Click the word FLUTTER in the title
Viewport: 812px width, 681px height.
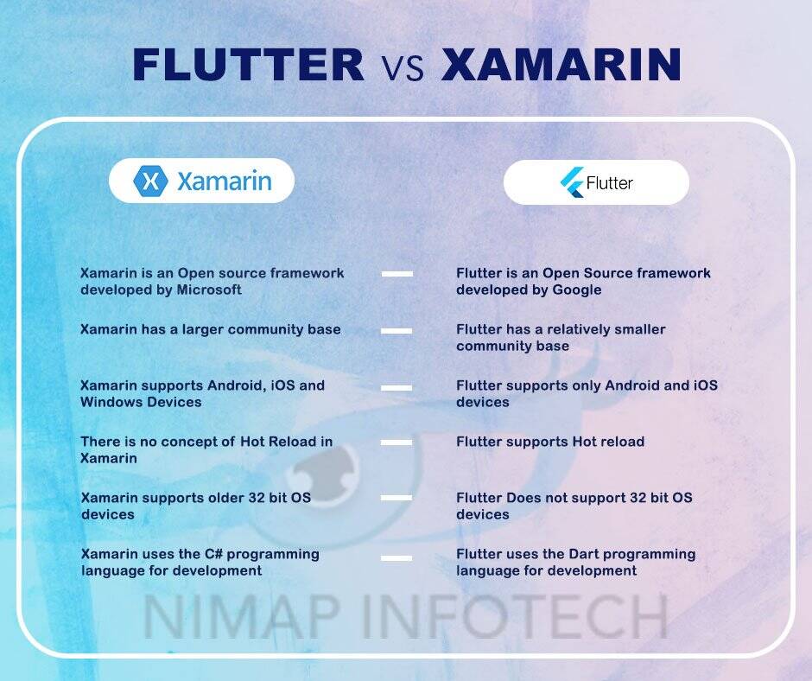tap(249, 65)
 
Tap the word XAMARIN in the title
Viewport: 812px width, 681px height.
tap(561, 65)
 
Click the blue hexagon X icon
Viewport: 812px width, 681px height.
tap(150, 181)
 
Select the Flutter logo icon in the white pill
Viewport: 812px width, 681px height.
tap(571, 182)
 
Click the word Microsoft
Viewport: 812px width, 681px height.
tap(209, 290)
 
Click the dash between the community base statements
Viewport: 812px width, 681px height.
tap(396, 330)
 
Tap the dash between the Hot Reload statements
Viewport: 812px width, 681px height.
tap(396, 442)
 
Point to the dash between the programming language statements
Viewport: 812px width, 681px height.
tap(396, 558)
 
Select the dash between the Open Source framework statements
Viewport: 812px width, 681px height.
tap(396, 274)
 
